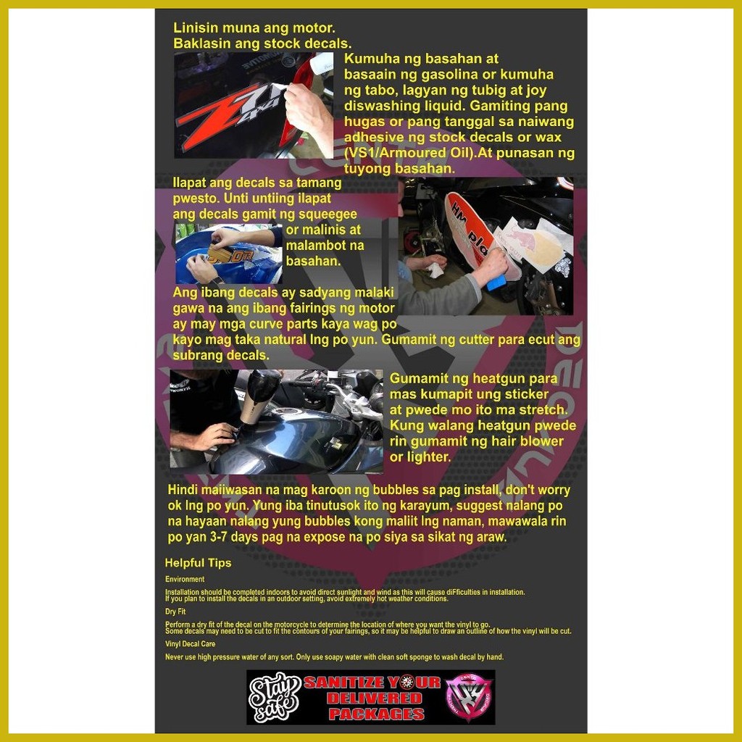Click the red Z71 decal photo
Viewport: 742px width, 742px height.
(x=253, y=105)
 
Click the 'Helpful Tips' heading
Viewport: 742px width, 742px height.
(x=198, y=563)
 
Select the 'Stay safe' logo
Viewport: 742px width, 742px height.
(x=275, y=697)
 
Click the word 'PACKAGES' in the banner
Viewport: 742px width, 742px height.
(x=375, y=714)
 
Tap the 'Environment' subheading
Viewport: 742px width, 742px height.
(x=185, y=580)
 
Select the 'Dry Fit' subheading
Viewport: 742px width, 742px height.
(x=175, y=612)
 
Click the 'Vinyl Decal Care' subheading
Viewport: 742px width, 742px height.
(x=190, y=643)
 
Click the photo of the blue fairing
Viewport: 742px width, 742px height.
(x=228, y=254)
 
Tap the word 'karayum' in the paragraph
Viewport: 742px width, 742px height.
(x=403, y=506)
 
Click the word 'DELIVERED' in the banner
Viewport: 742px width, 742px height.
(x=374, y=699)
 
